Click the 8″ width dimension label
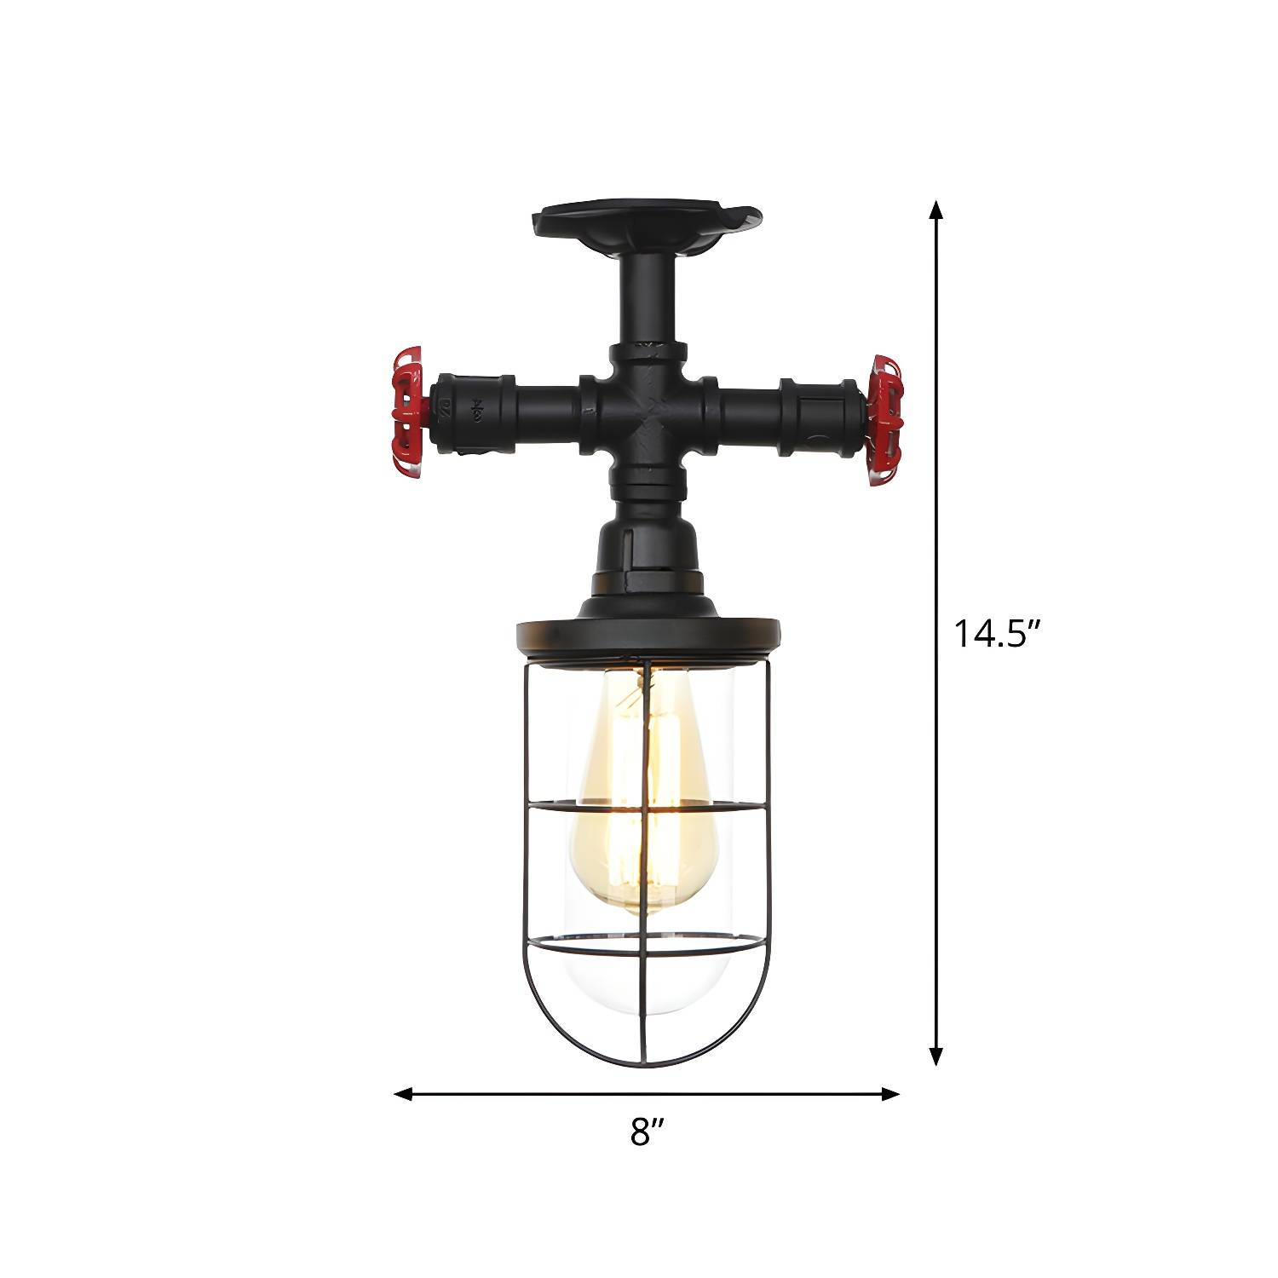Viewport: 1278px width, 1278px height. click(647, 1133)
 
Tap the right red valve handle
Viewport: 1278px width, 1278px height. click(884, 420)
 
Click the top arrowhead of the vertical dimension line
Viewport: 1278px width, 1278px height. click(936, 210)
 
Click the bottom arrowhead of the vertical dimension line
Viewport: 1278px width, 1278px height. click(936, 1055)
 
